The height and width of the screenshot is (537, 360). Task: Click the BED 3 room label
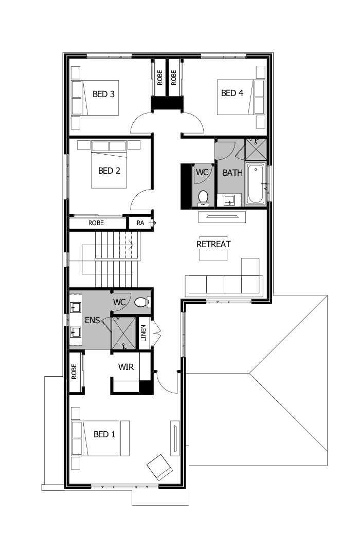[103, 94]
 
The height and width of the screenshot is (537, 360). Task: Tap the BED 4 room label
[232, 93]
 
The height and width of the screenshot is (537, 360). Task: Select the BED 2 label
[109, 171]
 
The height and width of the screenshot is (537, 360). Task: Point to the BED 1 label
[104, 434]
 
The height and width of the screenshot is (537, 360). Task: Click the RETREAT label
[213, 244]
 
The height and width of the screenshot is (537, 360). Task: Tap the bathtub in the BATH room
[256, 183]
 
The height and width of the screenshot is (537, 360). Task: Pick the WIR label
[127, 367]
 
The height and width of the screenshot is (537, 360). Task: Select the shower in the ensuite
[124, 333]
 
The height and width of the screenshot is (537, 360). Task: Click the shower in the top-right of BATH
[256, 149]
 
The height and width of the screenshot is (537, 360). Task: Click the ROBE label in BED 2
[96, 224]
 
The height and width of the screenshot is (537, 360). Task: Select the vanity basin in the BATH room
[229, 199]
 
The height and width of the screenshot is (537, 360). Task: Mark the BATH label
[232, 173]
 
